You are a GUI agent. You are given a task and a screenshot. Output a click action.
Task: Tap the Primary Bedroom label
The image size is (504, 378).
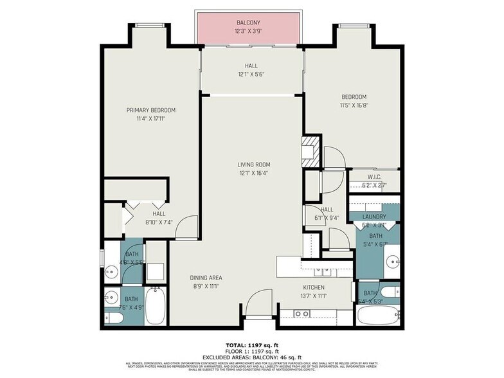tap(150, 110)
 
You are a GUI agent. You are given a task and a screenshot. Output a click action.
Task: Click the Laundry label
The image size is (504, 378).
tap(374, 217)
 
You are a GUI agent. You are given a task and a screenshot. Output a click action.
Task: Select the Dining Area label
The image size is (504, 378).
tap(206, 278)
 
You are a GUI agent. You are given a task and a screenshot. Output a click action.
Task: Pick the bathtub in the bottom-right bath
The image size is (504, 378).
tap(378, 316)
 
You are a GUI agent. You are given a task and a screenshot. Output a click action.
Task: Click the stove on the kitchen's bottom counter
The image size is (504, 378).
tap(301, 314)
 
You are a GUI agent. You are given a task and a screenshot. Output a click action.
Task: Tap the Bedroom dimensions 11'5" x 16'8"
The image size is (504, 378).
tap(354, 105)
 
